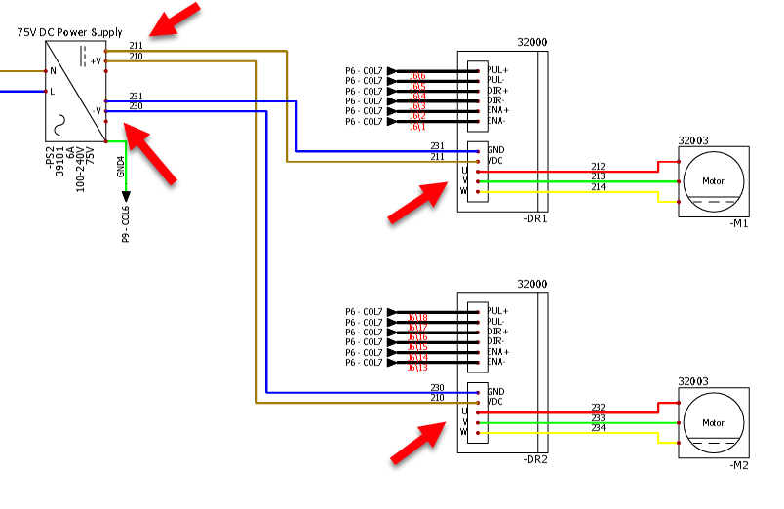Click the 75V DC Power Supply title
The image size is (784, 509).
(70, 32)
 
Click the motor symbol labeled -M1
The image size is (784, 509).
(714, 182)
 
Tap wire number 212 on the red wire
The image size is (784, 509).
(598, 166)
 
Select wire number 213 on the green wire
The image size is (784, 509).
(598, 176)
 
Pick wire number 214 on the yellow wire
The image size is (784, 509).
(598, 186)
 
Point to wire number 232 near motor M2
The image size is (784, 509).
(598, 407)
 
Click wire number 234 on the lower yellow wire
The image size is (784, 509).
(598, 427)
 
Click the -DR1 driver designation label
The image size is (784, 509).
(535, 218)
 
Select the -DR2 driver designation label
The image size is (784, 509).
(535, 459)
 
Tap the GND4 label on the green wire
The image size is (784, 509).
(121, 168)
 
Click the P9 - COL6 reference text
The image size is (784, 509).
(126, 224)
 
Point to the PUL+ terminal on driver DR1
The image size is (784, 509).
(497, 70)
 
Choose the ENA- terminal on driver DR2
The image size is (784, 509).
(495, 363)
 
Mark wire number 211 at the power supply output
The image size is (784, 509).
(136, 45)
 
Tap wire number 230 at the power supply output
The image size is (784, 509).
(136, 106)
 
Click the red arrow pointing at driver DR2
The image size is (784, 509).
(413, 444)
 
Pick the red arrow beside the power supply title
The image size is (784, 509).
(176, 20)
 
